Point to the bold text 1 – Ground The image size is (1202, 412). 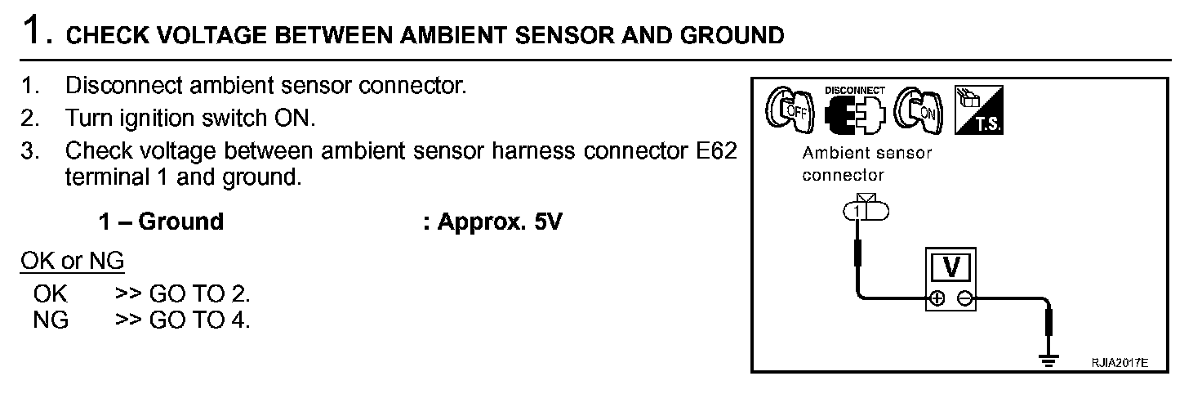pos(160,222)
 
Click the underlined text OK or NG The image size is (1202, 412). pos(73,262)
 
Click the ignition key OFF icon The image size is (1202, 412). pos(789,112)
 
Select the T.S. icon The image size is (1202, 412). pos(979,110)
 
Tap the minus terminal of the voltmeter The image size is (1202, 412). pos(965,299)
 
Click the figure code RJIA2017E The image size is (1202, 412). pos(1120,361)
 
